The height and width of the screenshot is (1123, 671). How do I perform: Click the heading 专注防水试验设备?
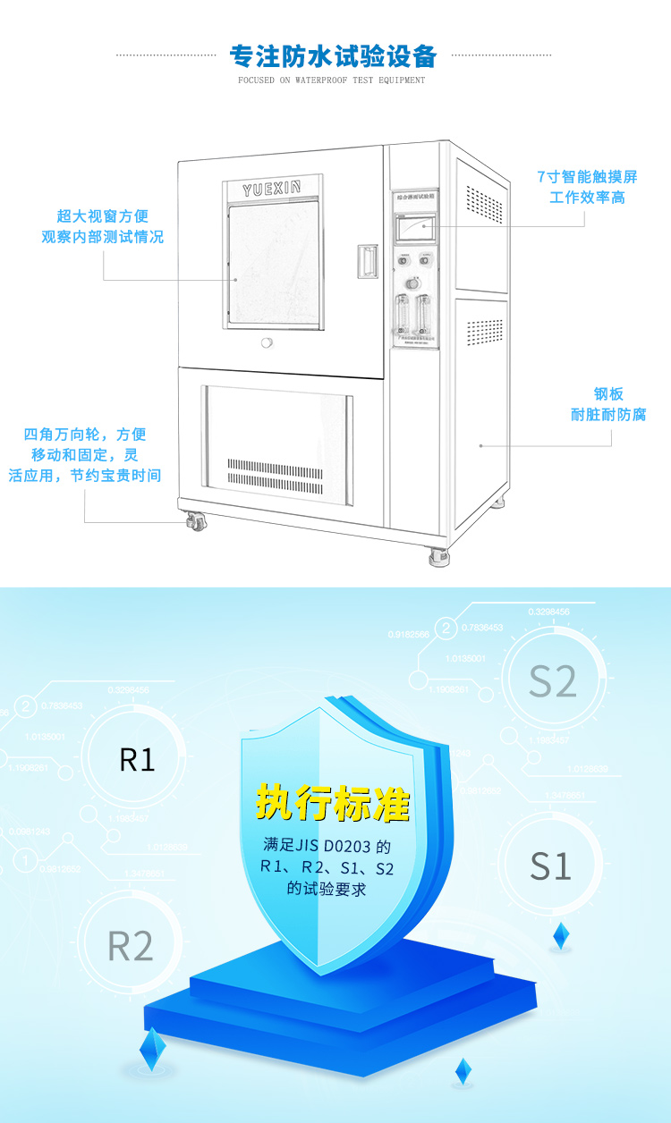pos(334,56)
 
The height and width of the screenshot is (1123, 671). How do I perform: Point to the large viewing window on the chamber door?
pos(273,263)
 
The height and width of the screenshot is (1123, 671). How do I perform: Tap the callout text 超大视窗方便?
pos(102,215)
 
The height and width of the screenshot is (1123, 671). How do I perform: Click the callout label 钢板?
pos(607,393)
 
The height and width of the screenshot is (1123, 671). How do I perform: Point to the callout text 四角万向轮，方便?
pos(85,435)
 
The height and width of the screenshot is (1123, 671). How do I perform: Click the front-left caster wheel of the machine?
pos(196,520)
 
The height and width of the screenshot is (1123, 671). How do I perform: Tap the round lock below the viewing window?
pos(266,343)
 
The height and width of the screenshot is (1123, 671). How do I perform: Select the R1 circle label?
pos(137,760)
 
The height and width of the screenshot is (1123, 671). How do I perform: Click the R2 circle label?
pos(131,946)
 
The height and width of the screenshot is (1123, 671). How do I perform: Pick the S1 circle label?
pos(550,865)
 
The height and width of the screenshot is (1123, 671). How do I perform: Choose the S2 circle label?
pos(552,681)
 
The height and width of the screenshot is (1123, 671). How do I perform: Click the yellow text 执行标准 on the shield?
pos(333,803)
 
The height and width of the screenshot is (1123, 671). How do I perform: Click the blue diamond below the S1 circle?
pos(561,935)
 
